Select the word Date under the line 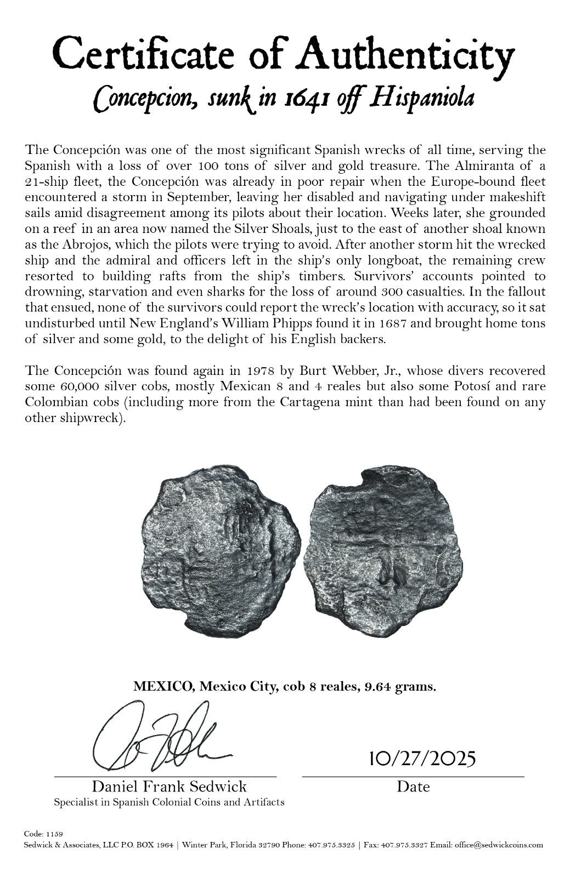pos(413,787)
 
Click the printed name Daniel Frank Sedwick pos(169,787)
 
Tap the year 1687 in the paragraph pos(388,324)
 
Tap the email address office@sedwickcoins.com pos(498,845)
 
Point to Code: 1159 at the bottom pos(44,833)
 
